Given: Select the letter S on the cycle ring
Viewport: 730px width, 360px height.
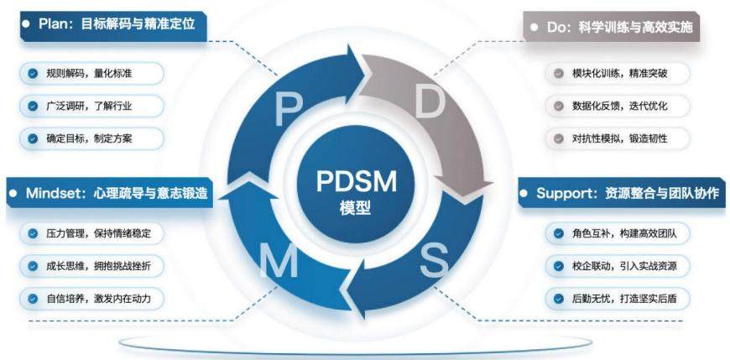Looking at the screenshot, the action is pyautogui.click(x=434, y=260).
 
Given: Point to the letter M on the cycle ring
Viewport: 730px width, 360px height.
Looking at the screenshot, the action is pyautogui.click(x=279, y=261).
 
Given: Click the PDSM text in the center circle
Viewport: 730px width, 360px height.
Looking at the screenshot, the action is pyautogui.click(x=356, y=180).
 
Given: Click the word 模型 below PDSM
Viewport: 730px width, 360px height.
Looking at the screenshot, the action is pyautogui.click(x=355, y=208).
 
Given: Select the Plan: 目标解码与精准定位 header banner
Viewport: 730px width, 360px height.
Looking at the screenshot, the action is pyautogui.click(x=113, y=25).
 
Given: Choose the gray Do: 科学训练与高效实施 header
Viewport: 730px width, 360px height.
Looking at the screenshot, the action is pyautogui.click(x=612, y=26).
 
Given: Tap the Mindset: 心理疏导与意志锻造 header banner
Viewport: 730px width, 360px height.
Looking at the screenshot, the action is pyautogui.click(x=110, y=192).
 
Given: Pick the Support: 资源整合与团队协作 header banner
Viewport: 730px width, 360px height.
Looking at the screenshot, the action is pyautogui.click(x=622, y=192).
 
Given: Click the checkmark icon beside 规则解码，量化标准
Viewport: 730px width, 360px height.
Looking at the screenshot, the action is pyautogui.click(x=33, y=73).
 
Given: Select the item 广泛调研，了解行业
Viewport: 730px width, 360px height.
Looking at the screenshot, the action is pyautogui.click(x=91, y=106).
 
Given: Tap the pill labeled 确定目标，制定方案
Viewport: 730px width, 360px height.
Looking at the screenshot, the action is pyautogui.click(x=91, y=138).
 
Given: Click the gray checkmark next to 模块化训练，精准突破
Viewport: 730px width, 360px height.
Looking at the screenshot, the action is pyautogui.click(x=559, y=73).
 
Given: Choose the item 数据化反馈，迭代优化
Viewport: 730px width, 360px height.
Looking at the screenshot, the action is pyautogui.click(x=618, y=106).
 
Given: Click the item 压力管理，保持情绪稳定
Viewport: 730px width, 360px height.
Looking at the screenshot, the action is pyautogui.click(x=91, y=233).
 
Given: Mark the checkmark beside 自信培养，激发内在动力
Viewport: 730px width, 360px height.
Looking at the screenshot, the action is pyautogui.click(x=33, y=299).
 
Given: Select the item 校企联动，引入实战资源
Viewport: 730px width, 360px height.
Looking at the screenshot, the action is pyautogui.click(x=618, y=266).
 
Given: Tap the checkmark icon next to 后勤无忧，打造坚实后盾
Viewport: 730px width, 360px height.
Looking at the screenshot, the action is pyautogui.click(x=559, y=299).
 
